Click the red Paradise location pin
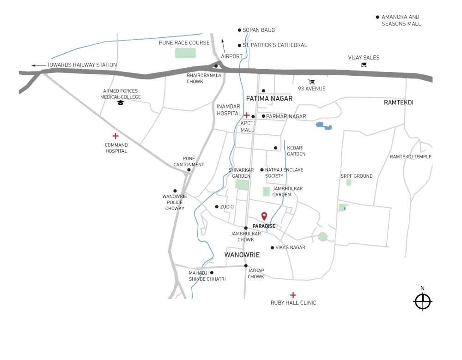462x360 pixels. coord(264,216)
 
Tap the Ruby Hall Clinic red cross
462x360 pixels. coord(293,295)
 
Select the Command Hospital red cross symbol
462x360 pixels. coord(115,136)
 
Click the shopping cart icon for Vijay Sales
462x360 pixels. coord(364,65)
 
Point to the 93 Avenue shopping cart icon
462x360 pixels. coord(312,82)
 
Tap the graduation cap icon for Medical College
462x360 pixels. coord(121,103)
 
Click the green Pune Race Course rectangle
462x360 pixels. coord(185,53)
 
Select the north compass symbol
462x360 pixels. coord(422,301)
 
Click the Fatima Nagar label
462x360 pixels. coord(269,99)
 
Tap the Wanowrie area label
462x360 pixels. coord(242,255)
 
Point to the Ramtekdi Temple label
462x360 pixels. coord(411,157)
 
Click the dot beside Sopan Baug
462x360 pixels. coord(239,30)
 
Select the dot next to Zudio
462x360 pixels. coord(217,207)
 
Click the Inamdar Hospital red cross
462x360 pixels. coord(247,115)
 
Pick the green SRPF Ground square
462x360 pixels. coord(349,182)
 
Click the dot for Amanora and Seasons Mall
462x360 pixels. coord(377,17)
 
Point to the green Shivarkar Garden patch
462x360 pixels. coord(242,185)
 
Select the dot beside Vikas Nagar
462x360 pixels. coord(272,248)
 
